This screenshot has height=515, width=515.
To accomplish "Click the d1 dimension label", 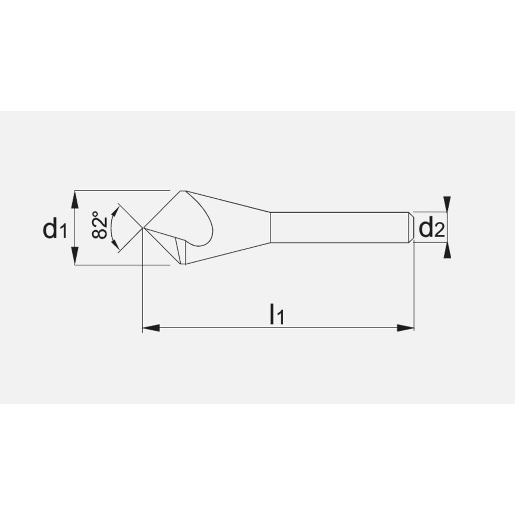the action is coord(55,229).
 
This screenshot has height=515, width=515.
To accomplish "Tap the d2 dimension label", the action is coord(432,228).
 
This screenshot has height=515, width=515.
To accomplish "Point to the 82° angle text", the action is coord(100,225).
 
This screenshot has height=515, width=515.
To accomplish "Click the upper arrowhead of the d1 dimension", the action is coord(75,200).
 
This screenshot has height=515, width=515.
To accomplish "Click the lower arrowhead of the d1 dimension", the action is coord(75,255).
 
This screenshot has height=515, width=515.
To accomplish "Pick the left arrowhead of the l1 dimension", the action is coord(151,328).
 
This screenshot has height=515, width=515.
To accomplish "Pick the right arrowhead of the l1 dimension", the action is coord(405,328).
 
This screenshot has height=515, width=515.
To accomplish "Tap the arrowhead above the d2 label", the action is coord(447,203).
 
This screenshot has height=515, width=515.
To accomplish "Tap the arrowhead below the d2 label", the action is coord(447,250).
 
